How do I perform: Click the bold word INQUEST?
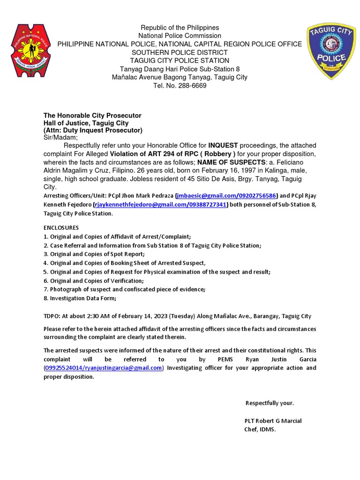click(x=223, y=145)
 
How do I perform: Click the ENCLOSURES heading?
click(x=61, y=227)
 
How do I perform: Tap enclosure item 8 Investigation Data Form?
click(x=80, y=298)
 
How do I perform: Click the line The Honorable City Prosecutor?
click(x=92, y=115)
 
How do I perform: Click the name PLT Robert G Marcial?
click(x=273, y=420)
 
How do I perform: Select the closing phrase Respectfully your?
click(x=270, y=403)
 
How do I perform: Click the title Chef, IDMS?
click(x=260, y=429)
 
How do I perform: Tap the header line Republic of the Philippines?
click(x=180, y=28)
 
